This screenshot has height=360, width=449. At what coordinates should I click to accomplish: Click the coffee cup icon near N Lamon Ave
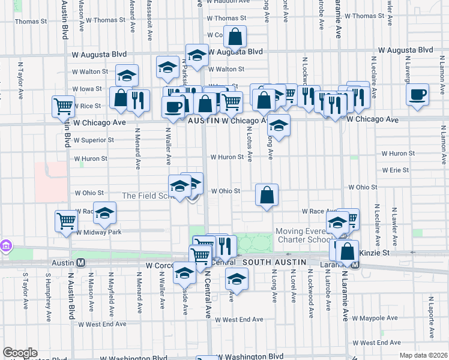point(418,94)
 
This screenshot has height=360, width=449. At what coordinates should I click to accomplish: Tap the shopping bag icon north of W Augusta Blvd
point(236,37)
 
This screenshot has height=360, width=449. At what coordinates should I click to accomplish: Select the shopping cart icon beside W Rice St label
point(63,106)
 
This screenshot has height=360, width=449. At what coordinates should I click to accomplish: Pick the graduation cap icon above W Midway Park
point(104,213)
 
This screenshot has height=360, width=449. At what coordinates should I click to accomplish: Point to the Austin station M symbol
point(80,262)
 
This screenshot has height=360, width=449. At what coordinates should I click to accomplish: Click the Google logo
point(20,353)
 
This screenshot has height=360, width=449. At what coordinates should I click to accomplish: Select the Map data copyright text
point(423,355)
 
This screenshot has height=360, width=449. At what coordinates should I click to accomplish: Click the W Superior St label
point(94,140)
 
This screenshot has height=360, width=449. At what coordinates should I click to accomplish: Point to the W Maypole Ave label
point(375,318)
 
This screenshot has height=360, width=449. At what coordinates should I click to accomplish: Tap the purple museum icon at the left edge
point(7,245)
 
